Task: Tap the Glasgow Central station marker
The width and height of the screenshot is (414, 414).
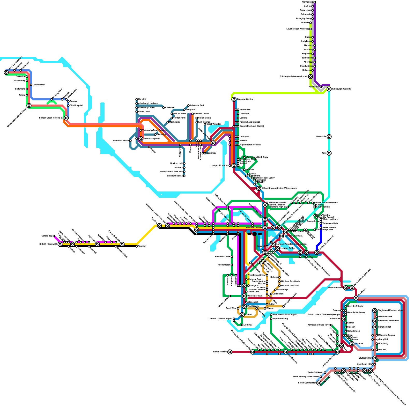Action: [x=234, y=99]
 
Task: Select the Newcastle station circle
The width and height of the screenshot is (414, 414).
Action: [x=329, y=137]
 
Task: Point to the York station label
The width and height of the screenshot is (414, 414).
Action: [x=324, y=153]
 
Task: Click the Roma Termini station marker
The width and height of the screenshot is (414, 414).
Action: [x=230, y=352]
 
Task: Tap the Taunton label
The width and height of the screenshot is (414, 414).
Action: [x=142, y=246]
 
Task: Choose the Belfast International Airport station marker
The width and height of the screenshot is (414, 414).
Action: [x=29, y=106]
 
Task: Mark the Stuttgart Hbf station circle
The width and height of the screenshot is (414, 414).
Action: [x=375, y=358]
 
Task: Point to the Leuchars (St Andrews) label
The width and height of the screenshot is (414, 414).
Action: [x=298, y=29]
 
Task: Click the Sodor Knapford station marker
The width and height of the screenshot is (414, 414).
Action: [x=141, y=139]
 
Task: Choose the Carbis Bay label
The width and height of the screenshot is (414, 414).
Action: [x=47, y=236]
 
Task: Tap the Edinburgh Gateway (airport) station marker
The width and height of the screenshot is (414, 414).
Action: [x=310, y=77]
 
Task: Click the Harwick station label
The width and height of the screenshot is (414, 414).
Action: [x=142, y=99]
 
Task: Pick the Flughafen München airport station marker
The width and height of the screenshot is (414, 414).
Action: [x=375, y=310]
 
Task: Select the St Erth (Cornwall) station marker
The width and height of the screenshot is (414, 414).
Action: [x=60, y=244]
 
